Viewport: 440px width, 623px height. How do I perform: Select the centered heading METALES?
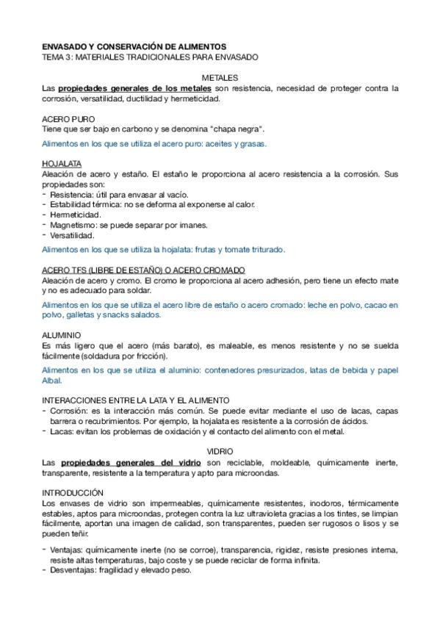click(220, 77)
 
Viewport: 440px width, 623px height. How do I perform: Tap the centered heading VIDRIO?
click(220, 450)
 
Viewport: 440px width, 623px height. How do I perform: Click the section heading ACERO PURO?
click(68, 118)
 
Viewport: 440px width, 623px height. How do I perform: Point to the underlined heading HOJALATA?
click(62, 162)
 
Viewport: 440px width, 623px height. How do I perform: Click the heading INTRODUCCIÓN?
click(73, 491)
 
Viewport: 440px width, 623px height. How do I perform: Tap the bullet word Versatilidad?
click(72, 236)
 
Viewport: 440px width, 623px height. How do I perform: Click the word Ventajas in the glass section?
click(67, 550)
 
